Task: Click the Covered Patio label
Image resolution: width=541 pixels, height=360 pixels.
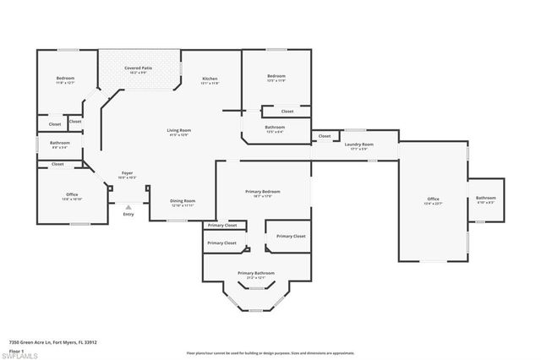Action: coord(139,68)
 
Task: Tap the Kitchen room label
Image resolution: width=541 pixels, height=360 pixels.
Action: coord(210,79)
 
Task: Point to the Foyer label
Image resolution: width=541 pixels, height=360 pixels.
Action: coord(126,173)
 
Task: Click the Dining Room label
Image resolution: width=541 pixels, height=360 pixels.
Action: coord(183,201)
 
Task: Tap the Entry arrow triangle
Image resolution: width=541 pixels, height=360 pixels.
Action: coord(128,206)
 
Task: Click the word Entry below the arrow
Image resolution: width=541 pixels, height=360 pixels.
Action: coord(128,215)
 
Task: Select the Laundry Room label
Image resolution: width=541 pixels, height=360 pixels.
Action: coord(358,145)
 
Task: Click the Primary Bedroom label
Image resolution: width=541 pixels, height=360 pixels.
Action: coord(263,192)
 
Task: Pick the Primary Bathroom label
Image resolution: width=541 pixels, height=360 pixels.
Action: coord(256,273)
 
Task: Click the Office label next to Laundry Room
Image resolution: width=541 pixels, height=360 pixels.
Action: coord(433,199)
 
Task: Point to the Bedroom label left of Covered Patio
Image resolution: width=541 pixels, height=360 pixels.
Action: coord(65,79)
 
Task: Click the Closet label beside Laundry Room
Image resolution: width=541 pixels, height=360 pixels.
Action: coord(324,136)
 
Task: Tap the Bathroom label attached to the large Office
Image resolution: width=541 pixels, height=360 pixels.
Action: coord(485,200)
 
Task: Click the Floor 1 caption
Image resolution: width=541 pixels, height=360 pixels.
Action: coord(16,349)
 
